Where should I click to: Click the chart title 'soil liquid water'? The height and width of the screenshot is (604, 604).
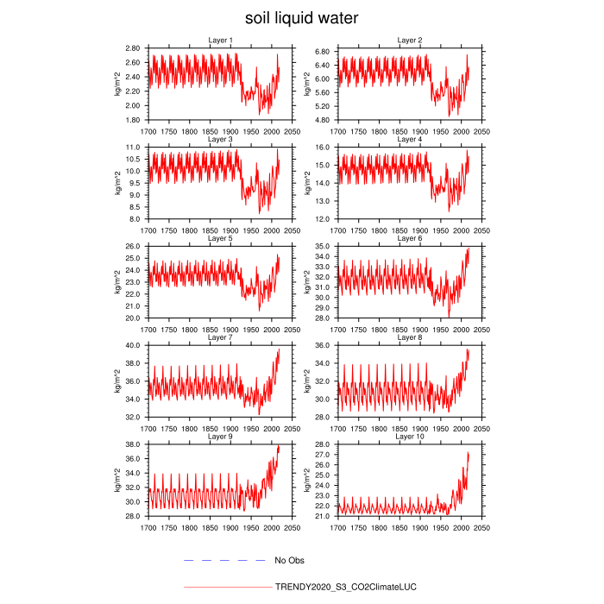(301, 18)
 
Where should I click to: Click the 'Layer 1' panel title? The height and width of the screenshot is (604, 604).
(220, 41)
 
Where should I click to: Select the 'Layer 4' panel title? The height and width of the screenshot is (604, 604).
(409, 139)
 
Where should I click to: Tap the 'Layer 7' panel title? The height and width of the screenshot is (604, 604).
(220, 337)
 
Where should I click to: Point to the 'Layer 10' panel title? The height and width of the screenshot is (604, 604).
(409, 437)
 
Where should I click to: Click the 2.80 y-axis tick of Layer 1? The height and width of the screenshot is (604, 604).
(133, 48)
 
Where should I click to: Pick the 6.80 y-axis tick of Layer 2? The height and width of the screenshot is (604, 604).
(322, 52)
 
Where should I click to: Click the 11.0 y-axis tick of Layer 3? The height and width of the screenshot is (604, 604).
(135, 148)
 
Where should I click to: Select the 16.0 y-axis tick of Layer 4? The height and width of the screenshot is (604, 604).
(324, 148)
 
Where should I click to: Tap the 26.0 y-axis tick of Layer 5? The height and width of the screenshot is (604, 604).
(135, 247)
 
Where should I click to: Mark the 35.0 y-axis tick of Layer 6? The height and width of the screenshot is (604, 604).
(324, 247)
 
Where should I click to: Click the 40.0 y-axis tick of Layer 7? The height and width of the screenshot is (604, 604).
(135, 345)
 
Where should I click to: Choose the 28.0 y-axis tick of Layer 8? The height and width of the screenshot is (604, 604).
(324, 417)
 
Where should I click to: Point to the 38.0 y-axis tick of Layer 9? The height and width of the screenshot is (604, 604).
(135, 444)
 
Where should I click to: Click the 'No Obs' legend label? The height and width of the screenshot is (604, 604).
(290, 561)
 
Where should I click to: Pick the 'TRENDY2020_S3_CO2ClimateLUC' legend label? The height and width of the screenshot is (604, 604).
(345, 588)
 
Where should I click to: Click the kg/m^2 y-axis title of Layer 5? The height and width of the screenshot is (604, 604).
(118, 282)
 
